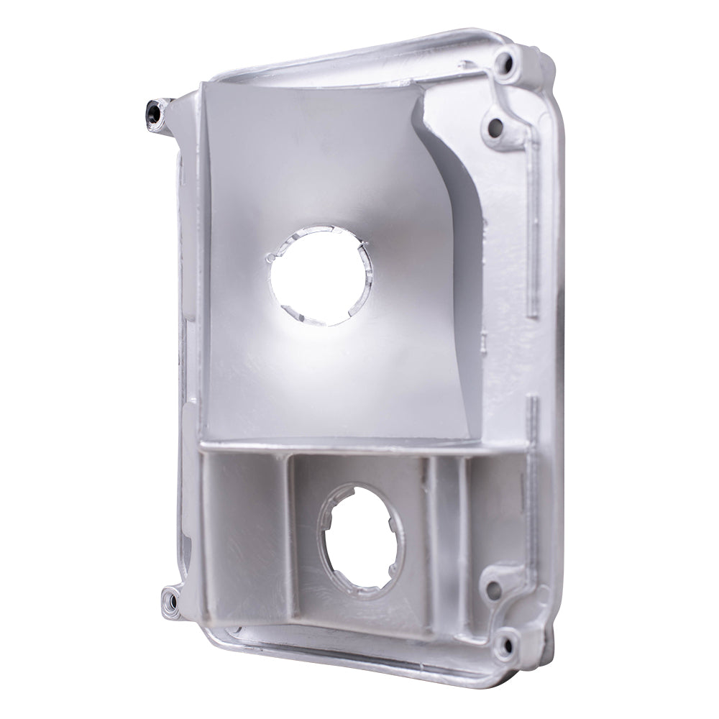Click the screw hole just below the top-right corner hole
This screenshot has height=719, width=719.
click(495, 127)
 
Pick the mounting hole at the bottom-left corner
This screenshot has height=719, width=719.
click(170, 595)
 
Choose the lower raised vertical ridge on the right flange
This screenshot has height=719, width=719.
click(533, 460)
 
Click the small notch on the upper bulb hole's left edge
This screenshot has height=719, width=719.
click(269, 257)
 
